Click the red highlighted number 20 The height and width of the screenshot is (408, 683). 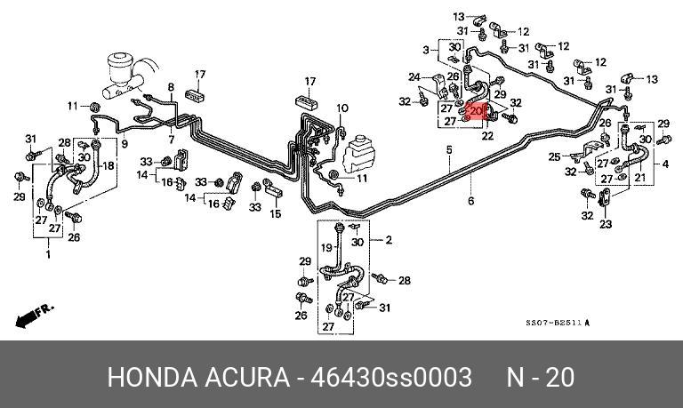pos(477,111)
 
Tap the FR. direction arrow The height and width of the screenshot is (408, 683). pos(33,314)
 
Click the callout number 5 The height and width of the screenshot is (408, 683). pos(450,150)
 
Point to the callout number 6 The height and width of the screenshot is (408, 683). pos(471,201)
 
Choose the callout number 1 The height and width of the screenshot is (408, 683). pos(48,254)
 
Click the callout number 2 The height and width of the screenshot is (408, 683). pos(387,240)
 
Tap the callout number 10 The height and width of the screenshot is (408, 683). pos(342,108)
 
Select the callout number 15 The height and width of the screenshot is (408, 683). pos(275,214)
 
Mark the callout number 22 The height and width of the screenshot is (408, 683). pos(487,136)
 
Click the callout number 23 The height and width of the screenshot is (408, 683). pos(606,224)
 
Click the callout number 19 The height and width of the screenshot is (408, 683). pos(325,246)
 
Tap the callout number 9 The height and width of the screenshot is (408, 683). pos(125,143)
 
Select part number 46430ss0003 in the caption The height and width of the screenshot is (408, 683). pos(390,377)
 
